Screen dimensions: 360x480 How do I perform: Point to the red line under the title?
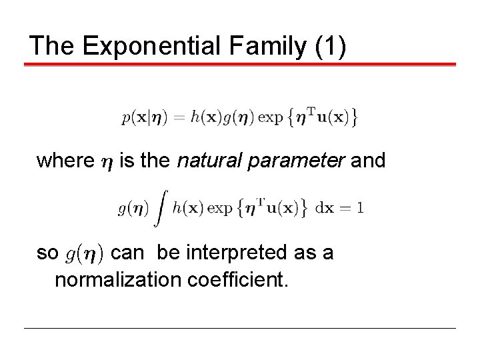click(240, 65)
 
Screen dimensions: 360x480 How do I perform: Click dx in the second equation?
click(324, 209)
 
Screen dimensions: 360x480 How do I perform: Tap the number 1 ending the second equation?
click(360, 209)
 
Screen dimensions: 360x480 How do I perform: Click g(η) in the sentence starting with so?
click(84, 254)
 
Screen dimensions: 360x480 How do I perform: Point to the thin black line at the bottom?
click(240, 328)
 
